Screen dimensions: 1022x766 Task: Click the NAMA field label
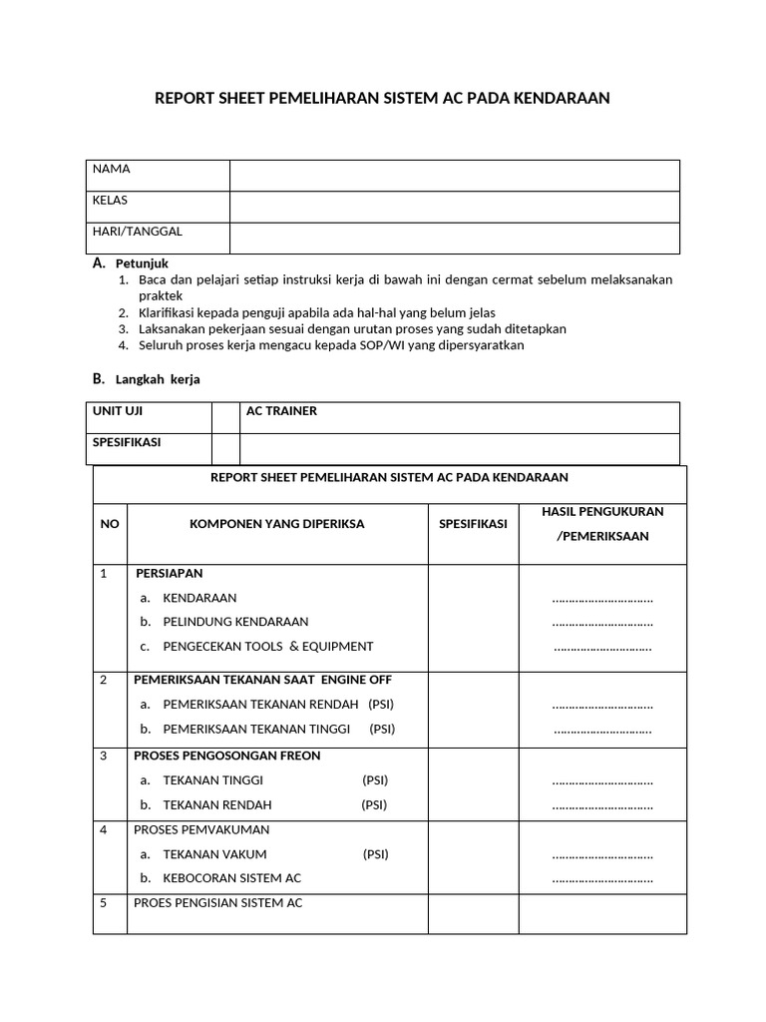pyautogui.click(x=111, y=169)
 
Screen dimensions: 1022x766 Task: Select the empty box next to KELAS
pyautogui.click(x=454, y=207)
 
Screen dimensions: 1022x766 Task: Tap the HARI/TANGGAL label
pyautogui.click(x=138, y=232)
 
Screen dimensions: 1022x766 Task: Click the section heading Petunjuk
pyautogui.click(x=143, y=263)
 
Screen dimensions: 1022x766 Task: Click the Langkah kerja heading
pyautogui.click(x=158, y=380)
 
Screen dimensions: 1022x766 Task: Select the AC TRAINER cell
pyautogui.click(x=281, y=411)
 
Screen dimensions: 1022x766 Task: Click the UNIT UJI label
pyautogui.click(x=118, y=411)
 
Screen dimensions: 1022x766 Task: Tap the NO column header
pyautogui.click(x=109, y=524)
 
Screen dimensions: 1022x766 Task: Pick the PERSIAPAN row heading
pyautogui.click(x=170, y=573)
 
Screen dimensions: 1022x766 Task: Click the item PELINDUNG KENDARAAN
pyautogui.click(x=235, y=622)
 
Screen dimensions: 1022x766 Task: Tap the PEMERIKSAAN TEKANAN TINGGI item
pyautogui.click(x=263, y=729)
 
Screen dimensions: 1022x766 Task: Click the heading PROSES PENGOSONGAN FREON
pyautogui.click(x=227, y=756)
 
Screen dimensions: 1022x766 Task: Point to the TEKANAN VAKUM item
pyautogui.click(x=214, y=854)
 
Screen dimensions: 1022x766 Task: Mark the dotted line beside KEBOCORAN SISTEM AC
pyautogui.click(x=602, y=879)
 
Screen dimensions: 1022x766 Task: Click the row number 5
pyautogui.click(x=103, y=903)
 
